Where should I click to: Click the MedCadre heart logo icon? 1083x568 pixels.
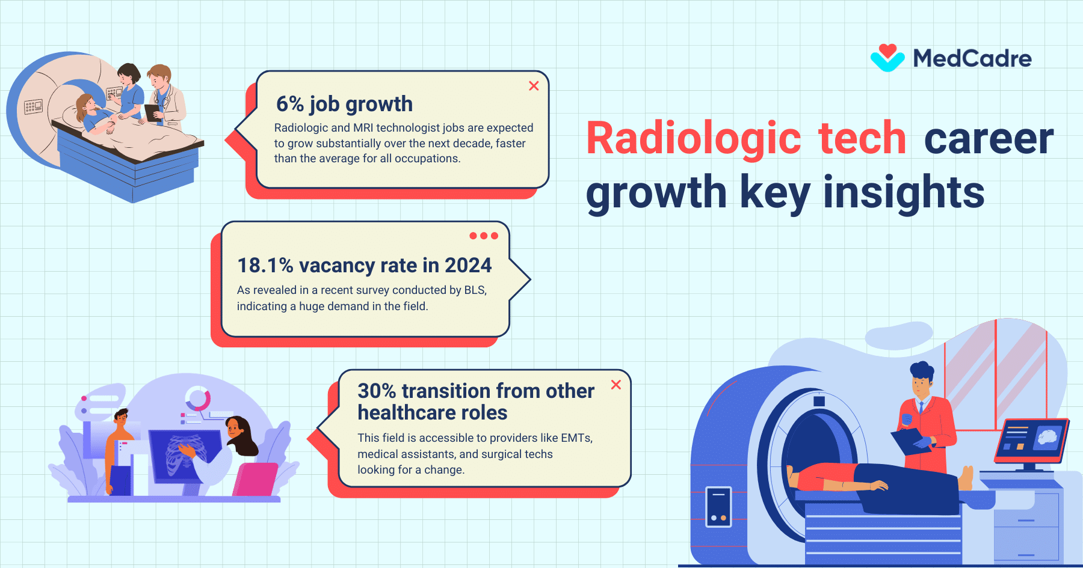(x=887, y=58)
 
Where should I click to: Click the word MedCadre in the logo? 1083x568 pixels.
(x=972, y=59)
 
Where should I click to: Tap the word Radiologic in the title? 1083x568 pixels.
(x=693, y=138)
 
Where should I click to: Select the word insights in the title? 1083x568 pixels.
(x=904, y=192)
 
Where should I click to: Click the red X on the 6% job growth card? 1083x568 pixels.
(x=534, y=86)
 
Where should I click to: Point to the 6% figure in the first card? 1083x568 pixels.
(x=290, y=104)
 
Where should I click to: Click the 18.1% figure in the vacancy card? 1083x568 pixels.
(x=265, y=265)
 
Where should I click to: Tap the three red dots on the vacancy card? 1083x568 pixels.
(x=484, y=236)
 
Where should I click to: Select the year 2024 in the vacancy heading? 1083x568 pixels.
(x=468, y=265)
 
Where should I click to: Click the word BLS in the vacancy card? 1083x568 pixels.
(x=475, y=290)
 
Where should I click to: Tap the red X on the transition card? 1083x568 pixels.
(x=616, y=385)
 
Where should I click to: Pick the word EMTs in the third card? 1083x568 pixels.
(x=576, y=438)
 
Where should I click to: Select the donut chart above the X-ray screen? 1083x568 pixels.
(x=197, y=399)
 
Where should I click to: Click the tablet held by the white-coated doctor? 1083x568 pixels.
(x=152, y=112)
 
